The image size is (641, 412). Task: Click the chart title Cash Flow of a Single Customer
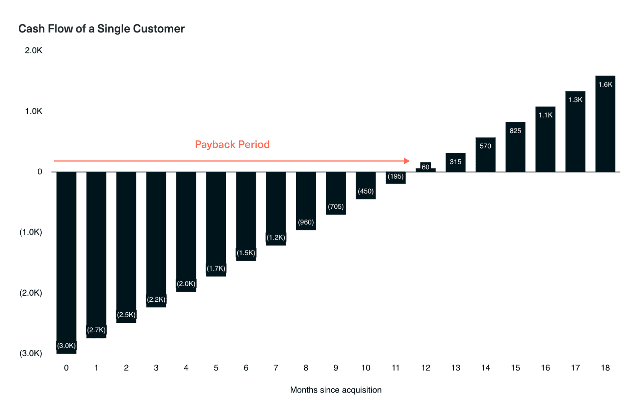tap(101, 29)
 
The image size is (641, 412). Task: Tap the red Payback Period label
tap(232, 145)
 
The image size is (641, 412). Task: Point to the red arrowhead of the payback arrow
tap(407, 161)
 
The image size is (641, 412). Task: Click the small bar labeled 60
tap(425, 167)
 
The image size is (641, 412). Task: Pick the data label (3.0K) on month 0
tap(66, 346)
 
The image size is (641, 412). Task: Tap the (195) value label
tap(396, 176)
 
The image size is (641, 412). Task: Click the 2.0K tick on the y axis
tap(34, 50)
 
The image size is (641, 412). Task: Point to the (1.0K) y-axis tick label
tap(31, 232)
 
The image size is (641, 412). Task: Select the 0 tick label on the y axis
tap(40, 172)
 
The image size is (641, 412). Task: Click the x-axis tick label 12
tap(425, 368)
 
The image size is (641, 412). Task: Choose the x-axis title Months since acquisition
tap(336, 390)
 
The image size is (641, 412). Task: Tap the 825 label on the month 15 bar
tap(515, 131)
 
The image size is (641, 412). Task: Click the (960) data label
tap(306, 222)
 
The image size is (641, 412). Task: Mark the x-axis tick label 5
tap(216, 368)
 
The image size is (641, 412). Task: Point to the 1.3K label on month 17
tap(575, 100)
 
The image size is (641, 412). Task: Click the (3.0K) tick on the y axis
tap(31, 353)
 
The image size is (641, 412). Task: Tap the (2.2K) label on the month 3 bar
tap(156, 299)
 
